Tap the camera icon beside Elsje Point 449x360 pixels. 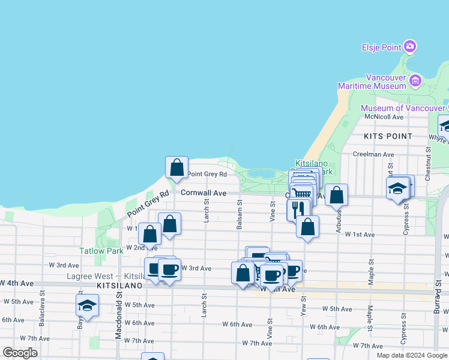coord(410,46)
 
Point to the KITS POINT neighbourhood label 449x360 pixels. coord(388,136)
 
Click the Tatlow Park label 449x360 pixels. coord(101,251)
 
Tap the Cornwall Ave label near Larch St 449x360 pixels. coord(203,193)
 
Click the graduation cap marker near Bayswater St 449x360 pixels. coord(88,305)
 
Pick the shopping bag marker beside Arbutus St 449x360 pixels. coord(337,195)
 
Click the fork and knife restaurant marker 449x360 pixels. coord(298,208)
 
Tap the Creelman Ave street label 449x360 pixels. coord(373,154)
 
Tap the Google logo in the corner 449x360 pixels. coord(20,353)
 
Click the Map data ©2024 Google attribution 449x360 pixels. coord(412,355)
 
